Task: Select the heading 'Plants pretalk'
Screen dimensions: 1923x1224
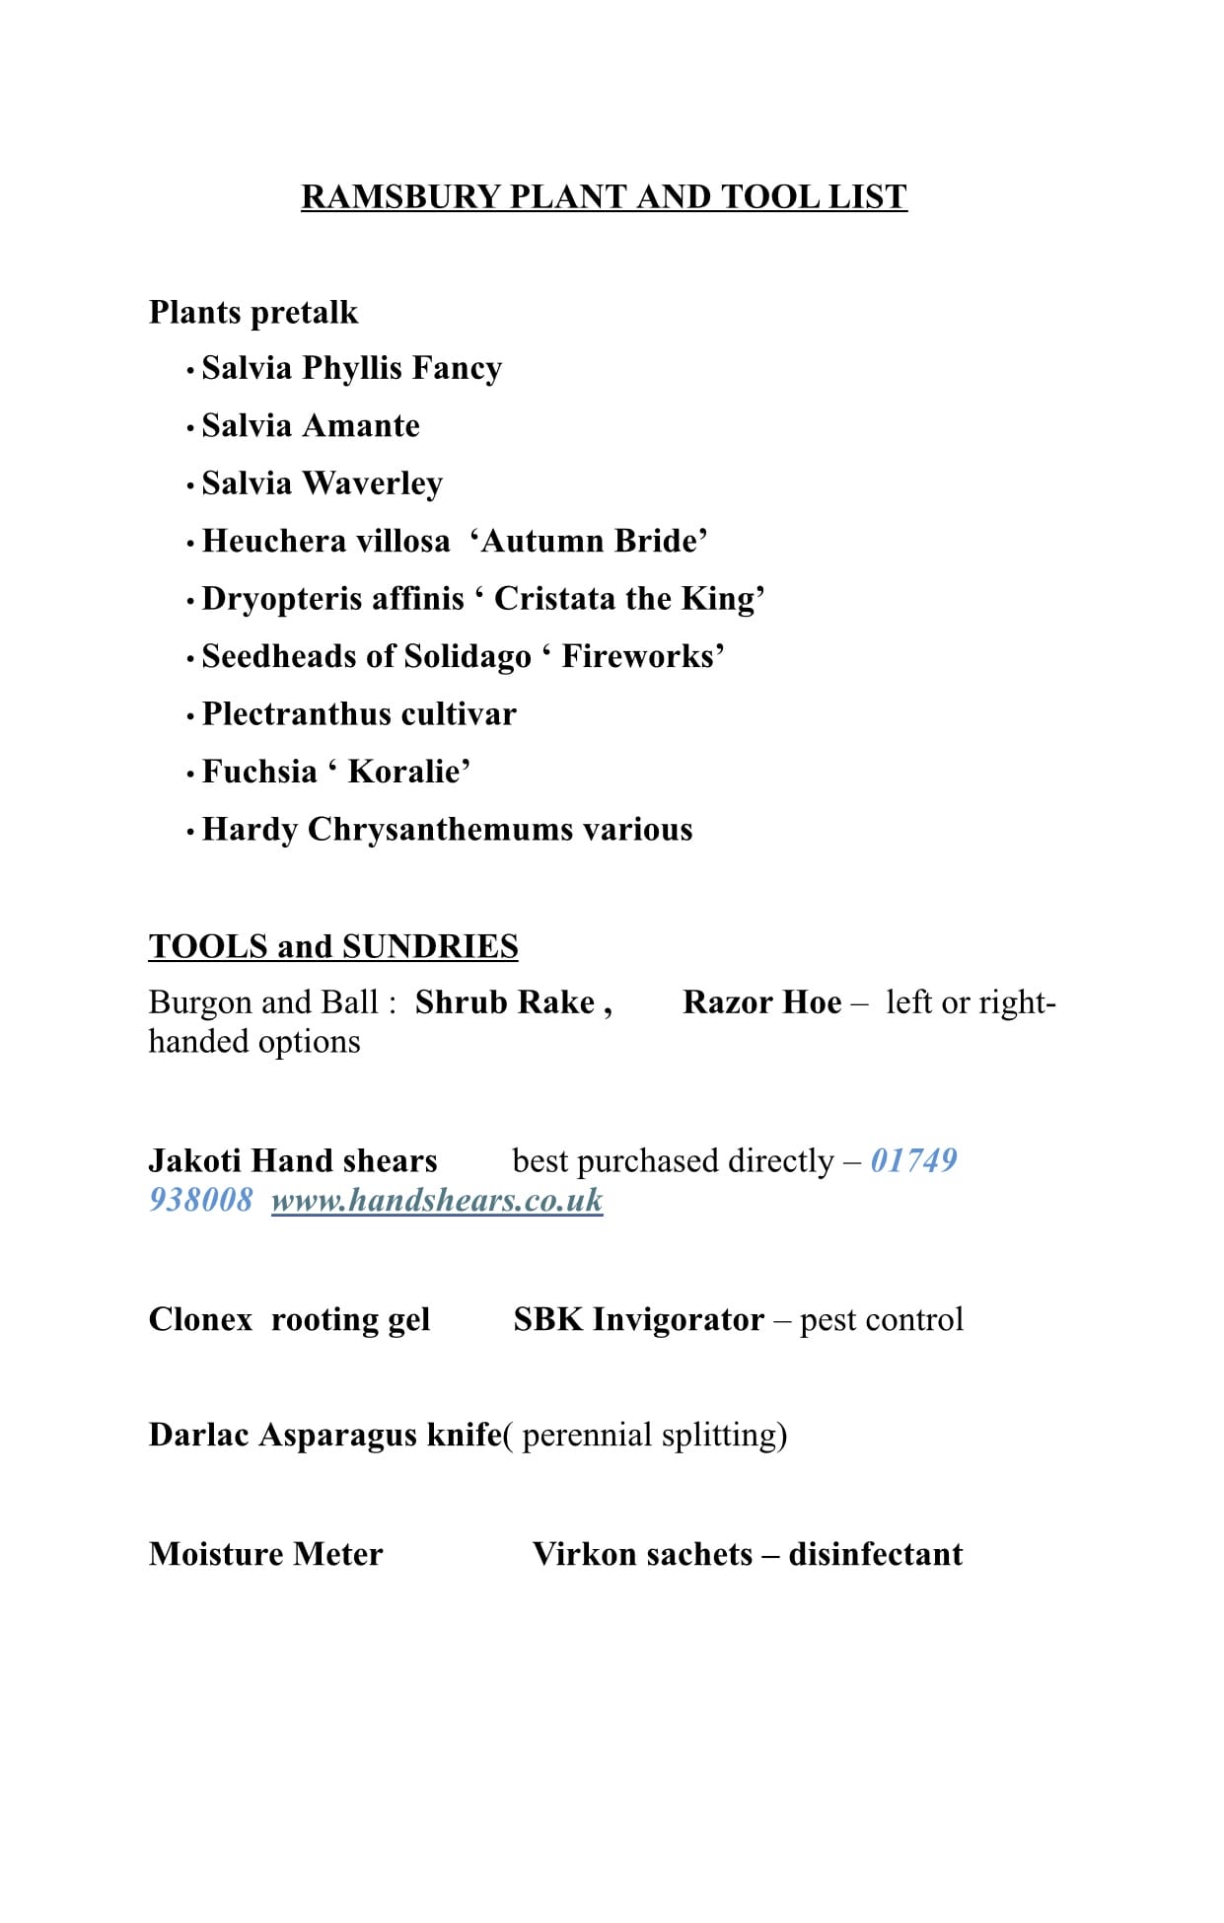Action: [x=253, y=313]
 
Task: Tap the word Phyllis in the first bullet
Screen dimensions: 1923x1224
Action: [x=353, y=368]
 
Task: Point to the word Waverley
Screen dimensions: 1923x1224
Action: [x=373, y=483]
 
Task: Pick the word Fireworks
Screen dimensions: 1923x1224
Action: [x=641, y=656]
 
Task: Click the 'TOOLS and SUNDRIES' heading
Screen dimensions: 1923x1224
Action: [x=333, y=946]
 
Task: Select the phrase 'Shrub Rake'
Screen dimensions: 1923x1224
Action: [x=505, y=1002]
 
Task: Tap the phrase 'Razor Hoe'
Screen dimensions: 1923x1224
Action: [x=761, y=1002]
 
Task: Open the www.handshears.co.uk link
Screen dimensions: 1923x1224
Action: [x=437, y=1201]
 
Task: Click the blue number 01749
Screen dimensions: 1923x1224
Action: [x=913, y=1160]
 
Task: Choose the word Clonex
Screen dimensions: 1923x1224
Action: [x=200, y=1320]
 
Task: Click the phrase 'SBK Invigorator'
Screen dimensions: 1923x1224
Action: [x=638, y=1320]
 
